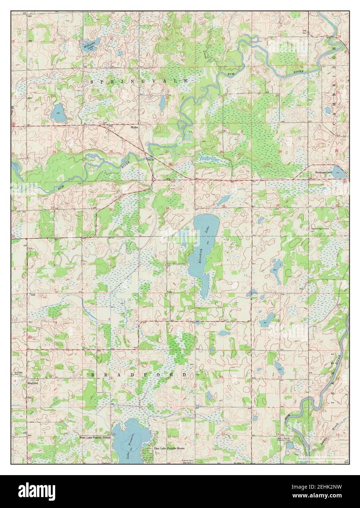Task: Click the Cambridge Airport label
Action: pyautogui.click(x=320, y=228)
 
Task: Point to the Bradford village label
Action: pyautogui.click(x=32, y=383)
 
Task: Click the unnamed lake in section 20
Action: pyautogui.click(x=58, y=113)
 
